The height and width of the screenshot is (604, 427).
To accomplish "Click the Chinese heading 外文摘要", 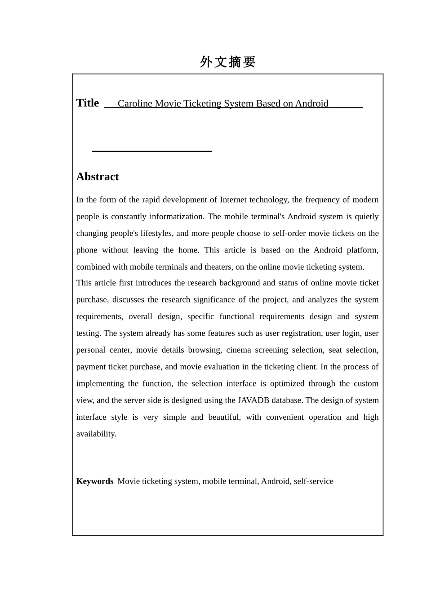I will coord(228,62).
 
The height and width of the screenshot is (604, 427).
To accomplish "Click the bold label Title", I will coord(88,103).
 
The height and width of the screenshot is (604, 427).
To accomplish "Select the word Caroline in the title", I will coord(135,104).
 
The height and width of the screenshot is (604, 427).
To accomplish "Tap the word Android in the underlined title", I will coord(311,104).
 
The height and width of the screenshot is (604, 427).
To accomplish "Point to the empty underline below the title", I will coord(152,151).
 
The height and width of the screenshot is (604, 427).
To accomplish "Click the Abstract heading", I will coord(98,177).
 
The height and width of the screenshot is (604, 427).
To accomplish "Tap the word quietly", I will coord(367,217).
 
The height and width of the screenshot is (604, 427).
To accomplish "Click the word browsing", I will coord(205,350).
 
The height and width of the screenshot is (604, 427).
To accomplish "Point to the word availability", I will coord(96,434).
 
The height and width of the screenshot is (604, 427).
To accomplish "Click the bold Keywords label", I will coord(95,481).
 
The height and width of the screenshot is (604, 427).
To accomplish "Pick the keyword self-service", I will coord(314,481).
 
